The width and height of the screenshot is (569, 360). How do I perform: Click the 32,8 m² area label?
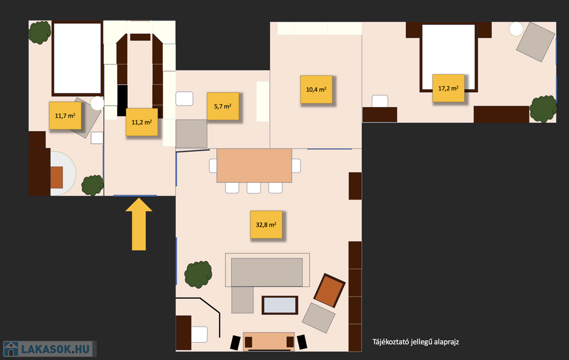pyautogui.click(x=266, y=224)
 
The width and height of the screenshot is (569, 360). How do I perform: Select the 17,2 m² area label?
pyautogui.click(x=448, y=88)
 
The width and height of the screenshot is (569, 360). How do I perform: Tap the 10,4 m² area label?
pyautogui.click(x=316, y=89)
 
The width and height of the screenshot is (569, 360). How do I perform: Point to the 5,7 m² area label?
pyautogui.click(x=223, y=106)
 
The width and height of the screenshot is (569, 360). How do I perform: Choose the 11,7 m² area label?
pyautogui.click(x=65, y=116)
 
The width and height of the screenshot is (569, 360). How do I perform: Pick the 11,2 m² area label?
pyautogui.click(x=142, y=122)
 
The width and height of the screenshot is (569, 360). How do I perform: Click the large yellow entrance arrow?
pyautogui.click(x=138, y=224)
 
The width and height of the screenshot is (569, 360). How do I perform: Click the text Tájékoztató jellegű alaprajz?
pyautogui.click(x=416, y=342)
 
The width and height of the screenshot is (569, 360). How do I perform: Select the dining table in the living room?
pyautogui.click(x=254, y=166)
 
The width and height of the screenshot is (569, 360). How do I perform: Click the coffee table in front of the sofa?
pyautogui.click(x=280, y=305)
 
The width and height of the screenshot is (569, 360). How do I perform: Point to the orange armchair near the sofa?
pyautogui.click(x=329, y=291)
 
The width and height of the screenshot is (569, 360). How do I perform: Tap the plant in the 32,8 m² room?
pyautogui.click(x=198, y=274)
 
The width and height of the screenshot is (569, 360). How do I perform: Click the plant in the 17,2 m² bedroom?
pyautogui.click(x=543, y=109)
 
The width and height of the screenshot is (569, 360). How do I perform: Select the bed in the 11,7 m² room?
pyautogui.click(x=77, y=58)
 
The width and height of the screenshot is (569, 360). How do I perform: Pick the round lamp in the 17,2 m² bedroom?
pyautogui.click(x=516, y=29)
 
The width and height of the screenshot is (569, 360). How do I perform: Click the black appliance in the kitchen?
pyautogui.click(x=122, y=101)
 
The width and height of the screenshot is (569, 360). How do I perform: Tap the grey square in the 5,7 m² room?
pyautogui.click(x=191, y=133)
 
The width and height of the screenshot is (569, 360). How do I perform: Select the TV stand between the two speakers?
pyautogui.click(x=268, y=342)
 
